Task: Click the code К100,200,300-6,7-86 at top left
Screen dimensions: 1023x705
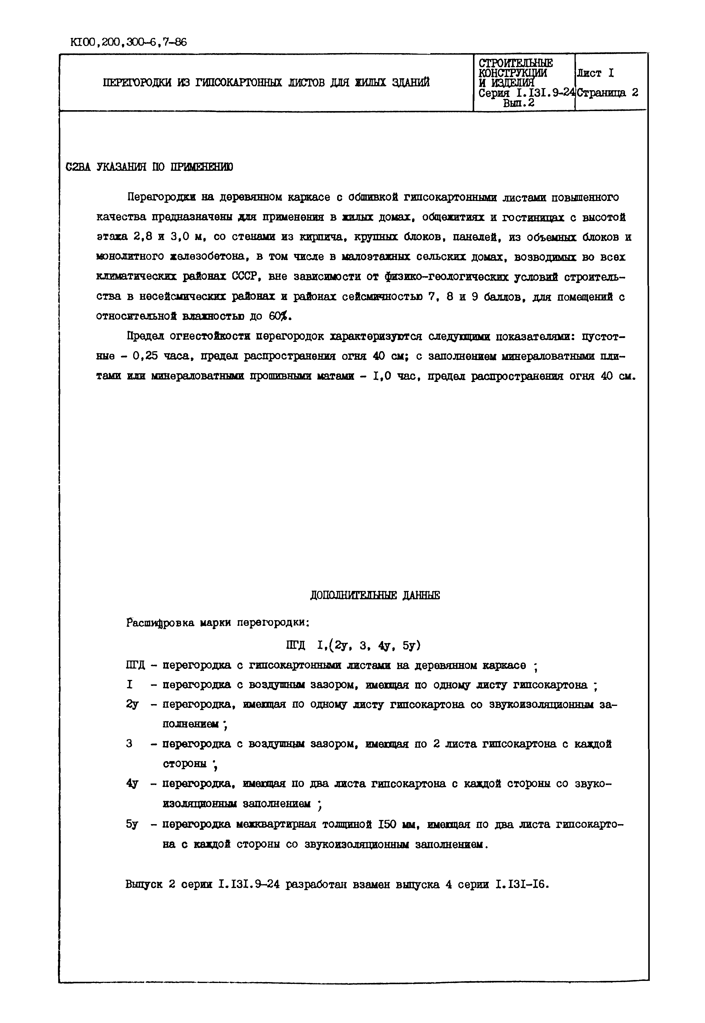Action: click(x=128, y=42)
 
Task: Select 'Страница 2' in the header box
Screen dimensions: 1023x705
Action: click(x=608, y=93)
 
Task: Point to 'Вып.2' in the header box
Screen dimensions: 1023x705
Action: click(x=519, y=103)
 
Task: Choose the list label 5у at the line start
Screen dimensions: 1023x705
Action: click(x=132, y=824)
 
